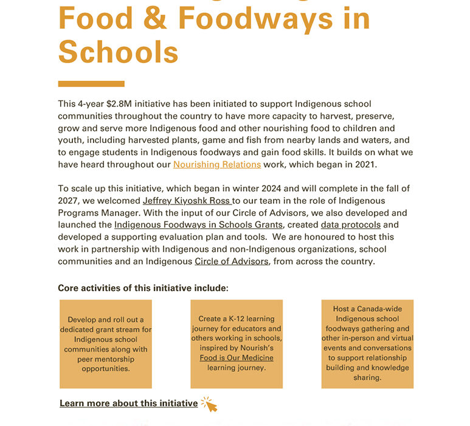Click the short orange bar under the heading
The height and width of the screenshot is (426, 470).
tap(91, 84)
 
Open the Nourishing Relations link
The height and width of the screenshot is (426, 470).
tap(217, 164)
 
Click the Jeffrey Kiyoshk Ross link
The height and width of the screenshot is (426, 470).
tap(186, 200)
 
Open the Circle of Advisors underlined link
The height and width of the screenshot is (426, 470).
tap(231, 261)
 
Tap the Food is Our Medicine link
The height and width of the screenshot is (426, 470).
tap(237, 358)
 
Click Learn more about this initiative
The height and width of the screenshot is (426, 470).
tap(128, 403)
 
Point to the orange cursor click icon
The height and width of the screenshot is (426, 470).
tap(209, 404)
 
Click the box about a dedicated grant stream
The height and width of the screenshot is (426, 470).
tap(106, 344)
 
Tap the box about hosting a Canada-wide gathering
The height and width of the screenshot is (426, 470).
tap(367, 344)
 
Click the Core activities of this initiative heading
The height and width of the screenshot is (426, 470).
tap(143, 288)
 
